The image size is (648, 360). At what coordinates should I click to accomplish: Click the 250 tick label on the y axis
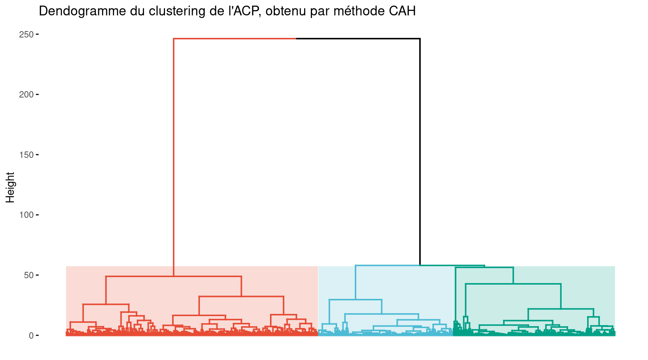(x=26, y=34)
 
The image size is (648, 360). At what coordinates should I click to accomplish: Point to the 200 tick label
(x=26, y=94)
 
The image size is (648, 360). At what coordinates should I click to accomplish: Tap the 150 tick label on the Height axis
(x=26, y=155)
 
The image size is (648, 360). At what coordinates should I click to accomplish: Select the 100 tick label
(x=26, y=215)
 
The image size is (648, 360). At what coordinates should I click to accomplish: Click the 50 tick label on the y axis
(x=28, y=275)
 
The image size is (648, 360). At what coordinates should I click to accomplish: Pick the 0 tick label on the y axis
(x=31, y=336)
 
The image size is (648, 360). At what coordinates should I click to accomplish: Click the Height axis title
(x=10, y=187)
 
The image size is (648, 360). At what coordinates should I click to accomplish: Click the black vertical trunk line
(x=420, y=150)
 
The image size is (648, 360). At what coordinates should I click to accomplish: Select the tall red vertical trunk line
(x=174, y=150)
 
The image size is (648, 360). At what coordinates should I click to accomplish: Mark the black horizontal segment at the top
(x=358, y=38)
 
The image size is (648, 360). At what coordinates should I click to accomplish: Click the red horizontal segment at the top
(x=235, y=38)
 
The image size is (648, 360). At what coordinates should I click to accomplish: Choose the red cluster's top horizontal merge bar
(x=174, y=276)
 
